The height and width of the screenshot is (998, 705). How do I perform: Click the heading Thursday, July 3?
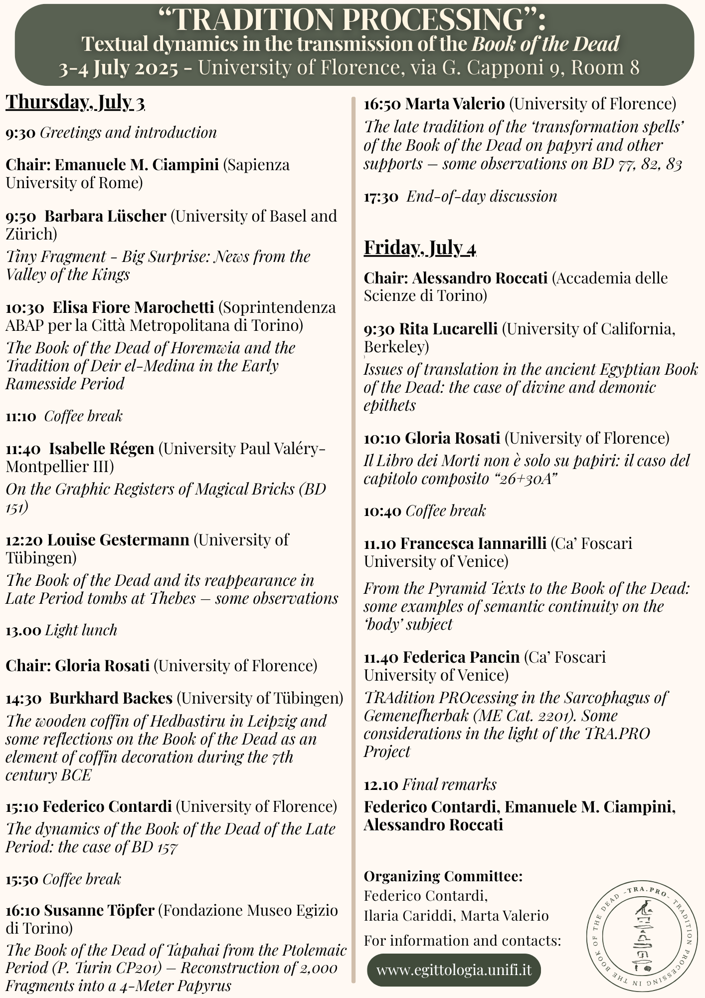[x=75, y=102]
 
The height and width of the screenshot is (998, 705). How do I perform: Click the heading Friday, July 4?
[x=420, y=248]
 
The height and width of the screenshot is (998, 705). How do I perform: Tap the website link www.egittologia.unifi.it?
[x=453, y=970]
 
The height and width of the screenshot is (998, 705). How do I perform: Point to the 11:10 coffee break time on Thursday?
[x=21, y=416]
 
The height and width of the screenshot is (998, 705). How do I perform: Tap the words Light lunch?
[x=81, y=630]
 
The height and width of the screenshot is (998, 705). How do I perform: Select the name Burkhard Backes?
[x=111, y=698]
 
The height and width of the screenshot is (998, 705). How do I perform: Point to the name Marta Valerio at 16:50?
[x=455, y=104]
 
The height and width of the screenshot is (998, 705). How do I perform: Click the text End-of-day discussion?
[x=482, y=196]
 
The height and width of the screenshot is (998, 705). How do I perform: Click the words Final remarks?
[x=449, y=784]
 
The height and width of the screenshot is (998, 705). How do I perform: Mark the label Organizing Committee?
[x=443, y=876]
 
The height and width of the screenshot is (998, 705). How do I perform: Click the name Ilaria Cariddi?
[x=409, y=916]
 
